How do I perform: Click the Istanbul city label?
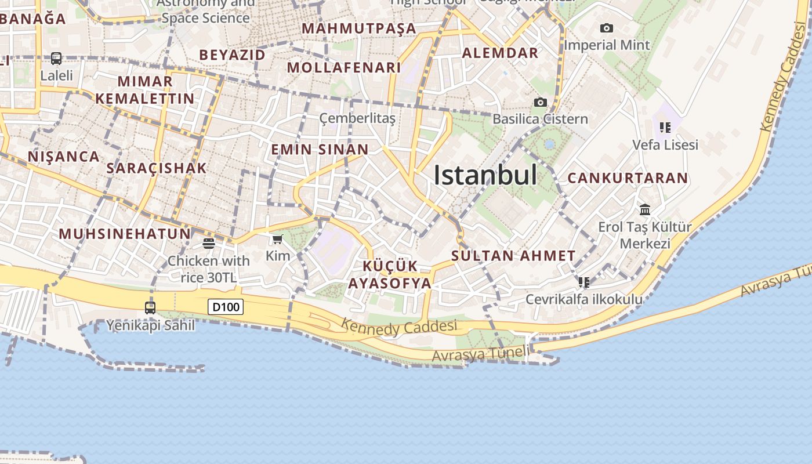pos(485,175)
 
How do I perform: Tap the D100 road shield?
pos(226,306)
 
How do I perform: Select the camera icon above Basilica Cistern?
pos(540,103)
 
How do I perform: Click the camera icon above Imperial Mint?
pos(606,28)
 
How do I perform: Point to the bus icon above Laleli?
pos(56,59)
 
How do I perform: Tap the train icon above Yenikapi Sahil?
pos(150,307)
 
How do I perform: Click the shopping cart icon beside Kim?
pos(278,239)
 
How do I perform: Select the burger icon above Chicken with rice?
pos(209,243)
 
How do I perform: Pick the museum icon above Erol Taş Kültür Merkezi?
pos(644,209)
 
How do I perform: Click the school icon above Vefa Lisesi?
pos(665,127)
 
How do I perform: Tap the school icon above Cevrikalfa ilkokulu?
pos(583,282)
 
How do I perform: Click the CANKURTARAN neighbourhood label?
pos(628,178)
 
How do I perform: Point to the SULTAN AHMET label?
pos(513,256)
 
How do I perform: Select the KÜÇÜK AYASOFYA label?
pos(390,275)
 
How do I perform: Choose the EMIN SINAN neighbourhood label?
pos(320,150)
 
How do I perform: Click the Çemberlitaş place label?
pos(357,119)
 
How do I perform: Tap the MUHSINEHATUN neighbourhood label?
pos(125,234)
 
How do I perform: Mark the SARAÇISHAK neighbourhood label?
pos(157,168)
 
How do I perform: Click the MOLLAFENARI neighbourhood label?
pos(344,67)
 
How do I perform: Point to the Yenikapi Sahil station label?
pos(150,325)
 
